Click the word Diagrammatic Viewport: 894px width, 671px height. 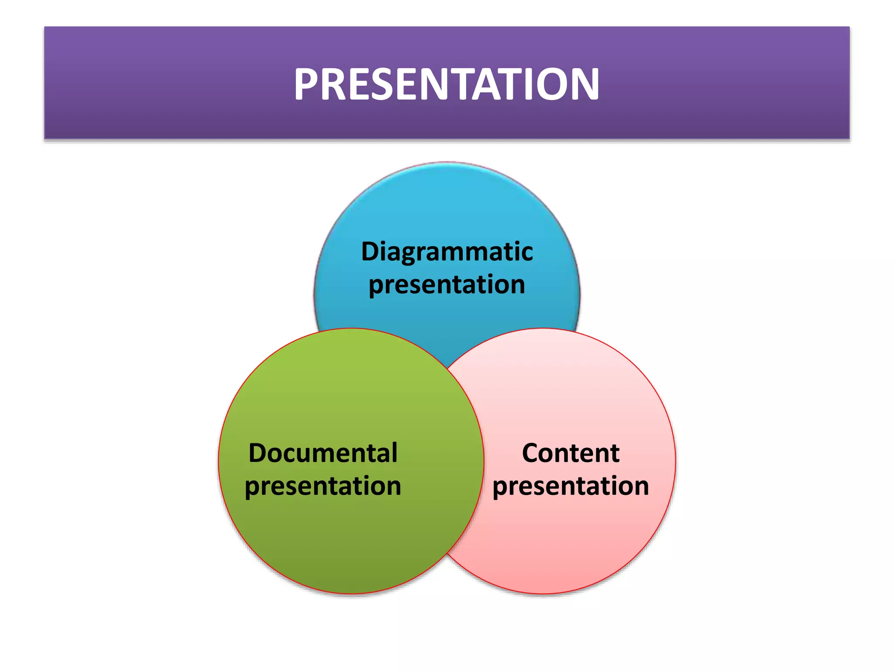click(x=447, y=252)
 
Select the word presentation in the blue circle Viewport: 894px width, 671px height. click(x=447, y=285)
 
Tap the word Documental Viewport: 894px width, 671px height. click(x=323, y=453)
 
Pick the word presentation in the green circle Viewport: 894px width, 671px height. click(x=323, y=486)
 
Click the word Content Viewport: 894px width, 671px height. click(x=571, y=453)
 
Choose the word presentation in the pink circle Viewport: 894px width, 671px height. click(x=571, y=486)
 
